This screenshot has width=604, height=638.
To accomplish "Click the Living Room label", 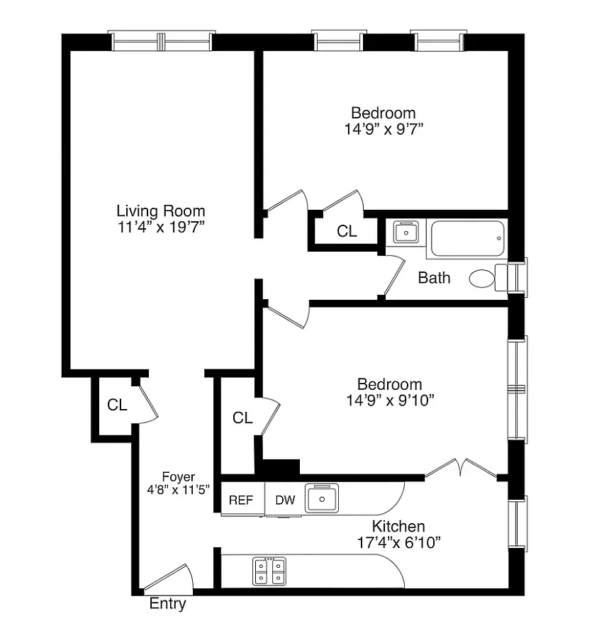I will click(x=160, y=211).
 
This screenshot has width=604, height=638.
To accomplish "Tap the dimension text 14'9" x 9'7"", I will click(x=383, y=129).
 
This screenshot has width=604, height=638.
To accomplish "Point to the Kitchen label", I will click(x=398, y=526).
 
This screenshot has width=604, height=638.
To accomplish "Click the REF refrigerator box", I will click(x=241, y=500).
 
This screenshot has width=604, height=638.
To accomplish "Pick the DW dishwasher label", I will click(x=285, y=500).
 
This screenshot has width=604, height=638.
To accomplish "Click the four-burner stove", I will click(x=270, y=571).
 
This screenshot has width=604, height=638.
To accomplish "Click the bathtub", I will click(x=468, y=238).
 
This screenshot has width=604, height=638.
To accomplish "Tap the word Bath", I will click(x=433, y=278).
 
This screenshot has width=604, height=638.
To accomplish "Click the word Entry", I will click(x=168, y=604).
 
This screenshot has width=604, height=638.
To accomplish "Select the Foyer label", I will click(x=178, y=477).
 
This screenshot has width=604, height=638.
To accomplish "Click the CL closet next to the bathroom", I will click(x=347, y=231).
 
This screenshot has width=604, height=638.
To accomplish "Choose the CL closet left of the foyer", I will click(x=117, y=405).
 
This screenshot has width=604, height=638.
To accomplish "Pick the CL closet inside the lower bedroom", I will click(x=242, y=418).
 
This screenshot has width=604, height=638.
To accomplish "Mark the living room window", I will click(x=162, y=42).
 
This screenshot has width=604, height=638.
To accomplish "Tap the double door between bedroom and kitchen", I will click(x=461, y=468).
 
